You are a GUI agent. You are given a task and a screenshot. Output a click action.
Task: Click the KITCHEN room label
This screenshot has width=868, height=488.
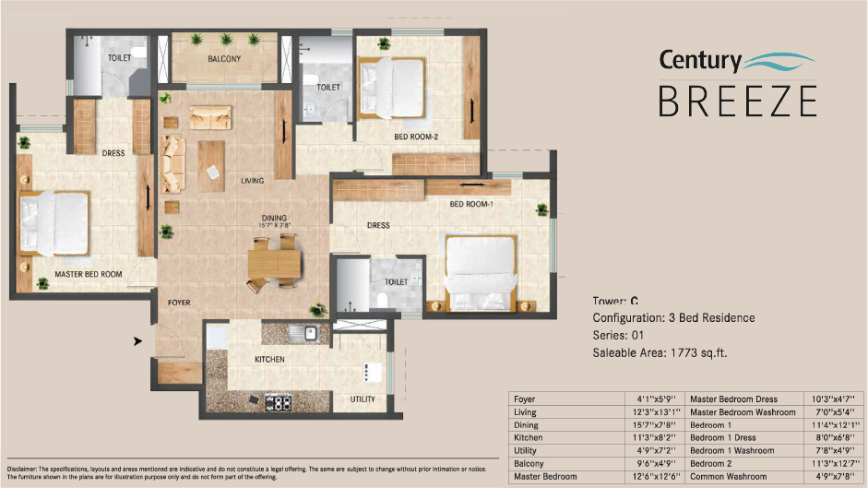click(269, 359)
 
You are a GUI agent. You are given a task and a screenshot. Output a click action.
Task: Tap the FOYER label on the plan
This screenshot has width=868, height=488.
click(179, 302)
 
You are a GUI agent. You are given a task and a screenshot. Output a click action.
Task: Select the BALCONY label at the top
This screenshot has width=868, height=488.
click(224, 59)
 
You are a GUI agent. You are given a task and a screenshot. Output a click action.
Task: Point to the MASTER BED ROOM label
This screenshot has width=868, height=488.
click(89, 274)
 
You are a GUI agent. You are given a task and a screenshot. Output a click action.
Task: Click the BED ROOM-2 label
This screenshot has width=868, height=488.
click(416, 137)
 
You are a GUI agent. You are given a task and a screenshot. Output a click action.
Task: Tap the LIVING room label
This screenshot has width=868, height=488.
click(253, 181)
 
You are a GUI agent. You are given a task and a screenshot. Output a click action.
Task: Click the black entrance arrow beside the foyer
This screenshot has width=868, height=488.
click(137, 341)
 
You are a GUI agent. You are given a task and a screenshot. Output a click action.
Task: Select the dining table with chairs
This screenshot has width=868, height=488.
click(274, 261)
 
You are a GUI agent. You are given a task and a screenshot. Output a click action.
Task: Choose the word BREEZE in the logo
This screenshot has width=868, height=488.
click(737, 100)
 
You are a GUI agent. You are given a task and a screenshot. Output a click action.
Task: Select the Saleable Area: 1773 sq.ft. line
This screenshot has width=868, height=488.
click(661, 352)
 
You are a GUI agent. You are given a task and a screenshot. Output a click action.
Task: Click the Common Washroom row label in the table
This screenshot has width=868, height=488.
click(729, 476)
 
